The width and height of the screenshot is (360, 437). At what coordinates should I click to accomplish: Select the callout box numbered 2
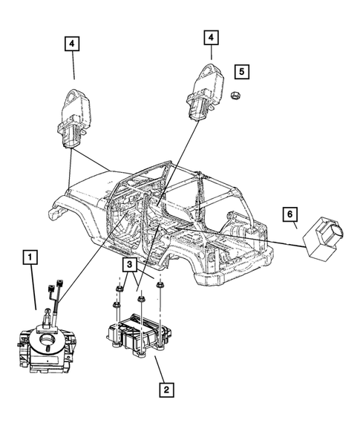pyautogui.click(x=167, y=389)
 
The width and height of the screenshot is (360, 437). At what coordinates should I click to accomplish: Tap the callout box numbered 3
pyautogui.click(x=129, y=265)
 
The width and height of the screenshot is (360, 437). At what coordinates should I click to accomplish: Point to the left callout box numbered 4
pyautogui.click(x=73, y=44)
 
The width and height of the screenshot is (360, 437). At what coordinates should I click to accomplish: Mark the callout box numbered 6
pyautogui.click(x=291, y=215)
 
